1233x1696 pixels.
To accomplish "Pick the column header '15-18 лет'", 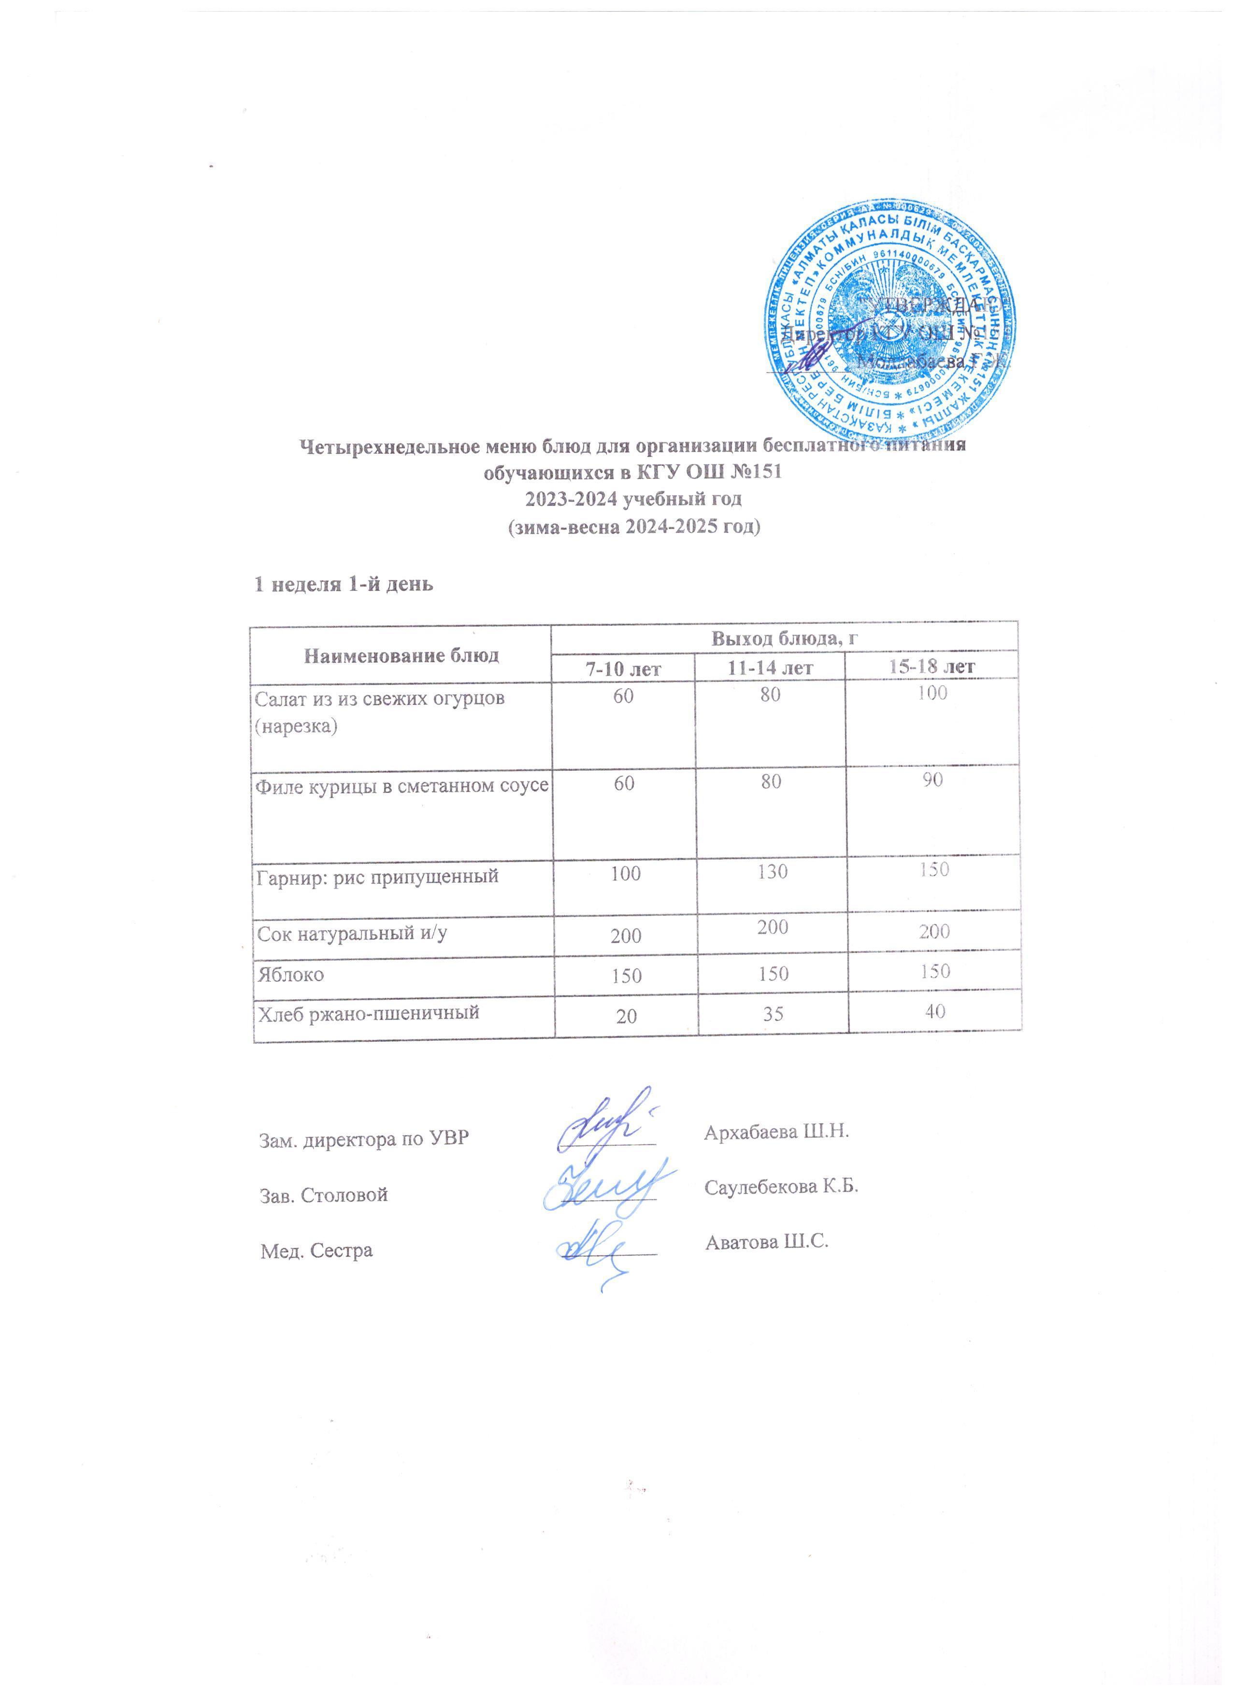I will click(932, 665).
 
